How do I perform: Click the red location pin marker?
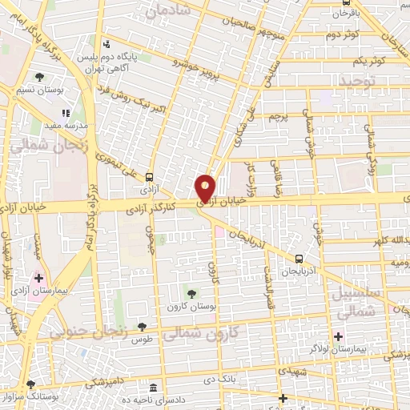click(x=206, y=189)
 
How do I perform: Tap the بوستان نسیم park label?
click(x=39, y=90)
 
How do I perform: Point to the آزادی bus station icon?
click(x=149, y=178)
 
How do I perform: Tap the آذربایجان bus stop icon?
click(x=299, y=259)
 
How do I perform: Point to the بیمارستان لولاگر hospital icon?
click(x=339, y=336)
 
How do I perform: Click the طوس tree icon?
click(x=142, y=326)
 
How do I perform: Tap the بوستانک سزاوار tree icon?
click(x=30, y=384)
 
